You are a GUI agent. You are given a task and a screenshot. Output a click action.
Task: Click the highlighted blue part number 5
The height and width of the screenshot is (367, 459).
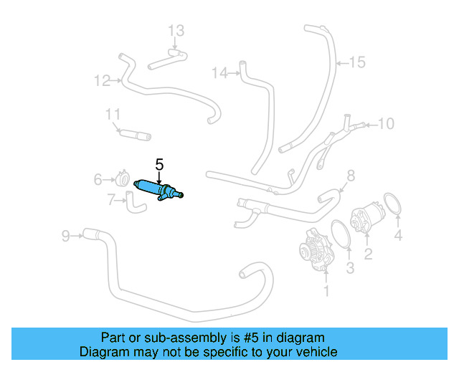[159, 188]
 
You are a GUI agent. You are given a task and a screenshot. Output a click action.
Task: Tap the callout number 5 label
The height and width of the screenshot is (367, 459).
[161, 163]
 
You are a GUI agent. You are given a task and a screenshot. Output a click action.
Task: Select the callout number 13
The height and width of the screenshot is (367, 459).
[176, 30]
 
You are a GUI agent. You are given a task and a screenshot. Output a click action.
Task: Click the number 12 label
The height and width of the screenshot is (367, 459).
[101, 80]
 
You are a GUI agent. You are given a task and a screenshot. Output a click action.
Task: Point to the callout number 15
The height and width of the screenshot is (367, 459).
[356, 62]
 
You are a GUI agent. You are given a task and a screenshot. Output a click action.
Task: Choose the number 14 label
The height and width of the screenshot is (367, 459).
[220, 72]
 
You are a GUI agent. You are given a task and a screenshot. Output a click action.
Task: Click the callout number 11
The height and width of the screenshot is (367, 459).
[113, 115]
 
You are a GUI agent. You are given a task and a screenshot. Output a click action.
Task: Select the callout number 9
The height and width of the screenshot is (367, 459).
[66, 234]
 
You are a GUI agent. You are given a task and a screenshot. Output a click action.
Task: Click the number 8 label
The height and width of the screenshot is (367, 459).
[351, 176]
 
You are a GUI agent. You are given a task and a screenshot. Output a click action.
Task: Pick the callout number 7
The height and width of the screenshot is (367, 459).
[111, 200]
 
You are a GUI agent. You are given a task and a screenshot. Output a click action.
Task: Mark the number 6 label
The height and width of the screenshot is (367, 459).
[98, 179]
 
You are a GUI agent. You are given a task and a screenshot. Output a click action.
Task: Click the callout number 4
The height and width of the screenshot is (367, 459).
[398, 234]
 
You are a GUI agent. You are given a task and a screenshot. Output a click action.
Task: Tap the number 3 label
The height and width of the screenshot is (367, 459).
[350, 268]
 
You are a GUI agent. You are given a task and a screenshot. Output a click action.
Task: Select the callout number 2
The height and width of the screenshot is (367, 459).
[368, 253]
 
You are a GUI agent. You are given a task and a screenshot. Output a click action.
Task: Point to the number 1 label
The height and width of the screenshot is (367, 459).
[327, 291]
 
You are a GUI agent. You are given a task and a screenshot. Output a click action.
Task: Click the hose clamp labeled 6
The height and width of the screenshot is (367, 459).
[123, 178]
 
